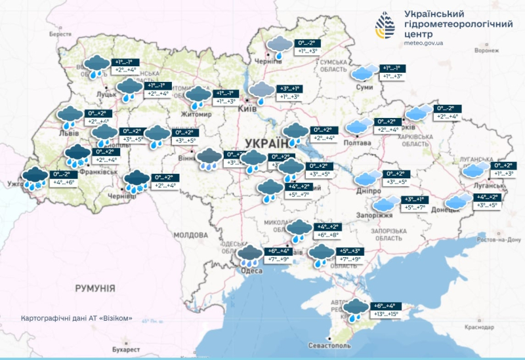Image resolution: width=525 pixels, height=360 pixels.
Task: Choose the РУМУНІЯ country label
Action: click(95, 288)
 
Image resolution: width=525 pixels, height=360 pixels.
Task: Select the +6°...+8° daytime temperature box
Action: click(327, 235)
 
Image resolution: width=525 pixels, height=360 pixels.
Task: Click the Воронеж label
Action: click(487, 50)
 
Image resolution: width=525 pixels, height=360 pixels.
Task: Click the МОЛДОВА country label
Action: click(191, 235)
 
